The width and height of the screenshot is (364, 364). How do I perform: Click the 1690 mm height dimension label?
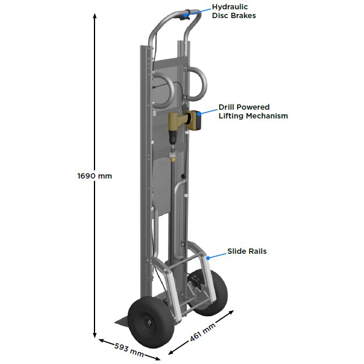point(94,176)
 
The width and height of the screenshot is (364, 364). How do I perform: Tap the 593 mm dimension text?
point(129,350)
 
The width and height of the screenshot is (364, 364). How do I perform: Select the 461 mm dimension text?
point(202,332)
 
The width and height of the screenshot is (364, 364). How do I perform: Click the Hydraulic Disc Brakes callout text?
point(234,11)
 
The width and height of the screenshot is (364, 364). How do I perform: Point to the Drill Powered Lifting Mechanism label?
point(253,111)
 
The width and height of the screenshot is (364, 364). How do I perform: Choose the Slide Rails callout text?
point(247,251)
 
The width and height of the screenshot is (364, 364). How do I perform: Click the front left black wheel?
point(150,322)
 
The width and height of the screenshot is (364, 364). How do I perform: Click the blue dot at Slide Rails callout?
point(208,258)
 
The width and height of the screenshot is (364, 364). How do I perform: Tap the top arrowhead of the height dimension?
point(94,16)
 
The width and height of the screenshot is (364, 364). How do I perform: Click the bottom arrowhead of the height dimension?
point(94,335)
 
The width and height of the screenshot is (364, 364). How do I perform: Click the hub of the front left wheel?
point(148,323)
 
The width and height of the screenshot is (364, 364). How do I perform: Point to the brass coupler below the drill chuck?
point(173,159)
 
